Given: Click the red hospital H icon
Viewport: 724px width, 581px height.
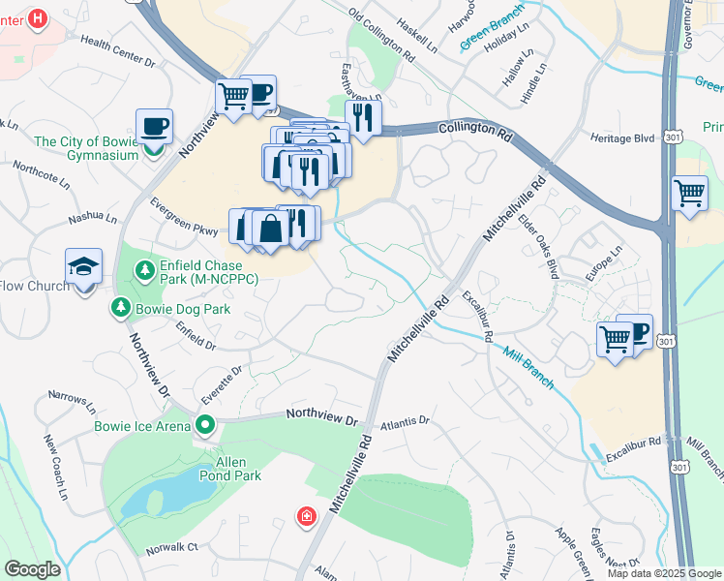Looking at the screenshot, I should click(37, 17).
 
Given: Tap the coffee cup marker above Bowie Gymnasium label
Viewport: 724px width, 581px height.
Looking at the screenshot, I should click(154, 126).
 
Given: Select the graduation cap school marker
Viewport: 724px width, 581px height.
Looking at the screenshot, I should click(84, 266).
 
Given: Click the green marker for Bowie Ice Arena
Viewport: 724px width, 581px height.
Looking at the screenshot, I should click(204, 424).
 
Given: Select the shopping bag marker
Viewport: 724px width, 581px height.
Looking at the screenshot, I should click(271, 229).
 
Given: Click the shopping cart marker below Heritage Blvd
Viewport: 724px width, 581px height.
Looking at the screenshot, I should click(688, 193).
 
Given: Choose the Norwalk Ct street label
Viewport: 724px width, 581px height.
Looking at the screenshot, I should click(171, 547).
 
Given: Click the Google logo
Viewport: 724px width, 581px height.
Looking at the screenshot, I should click(32, 569).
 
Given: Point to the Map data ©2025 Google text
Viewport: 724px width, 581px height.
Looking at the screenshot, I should click(663, 573).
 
